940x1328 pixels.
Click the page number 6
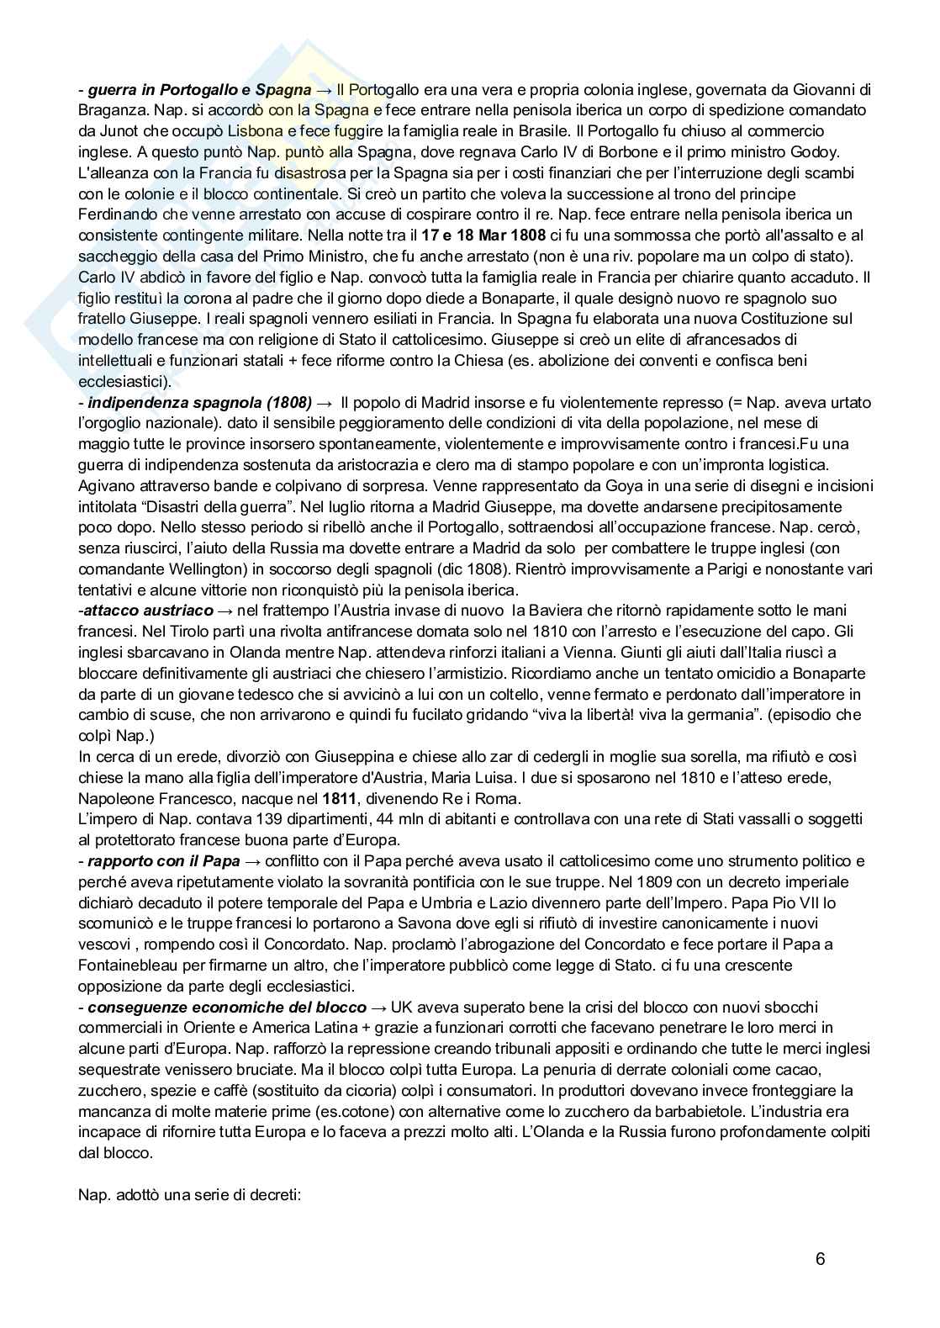pyautogui.click(x=820, y=1259)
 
